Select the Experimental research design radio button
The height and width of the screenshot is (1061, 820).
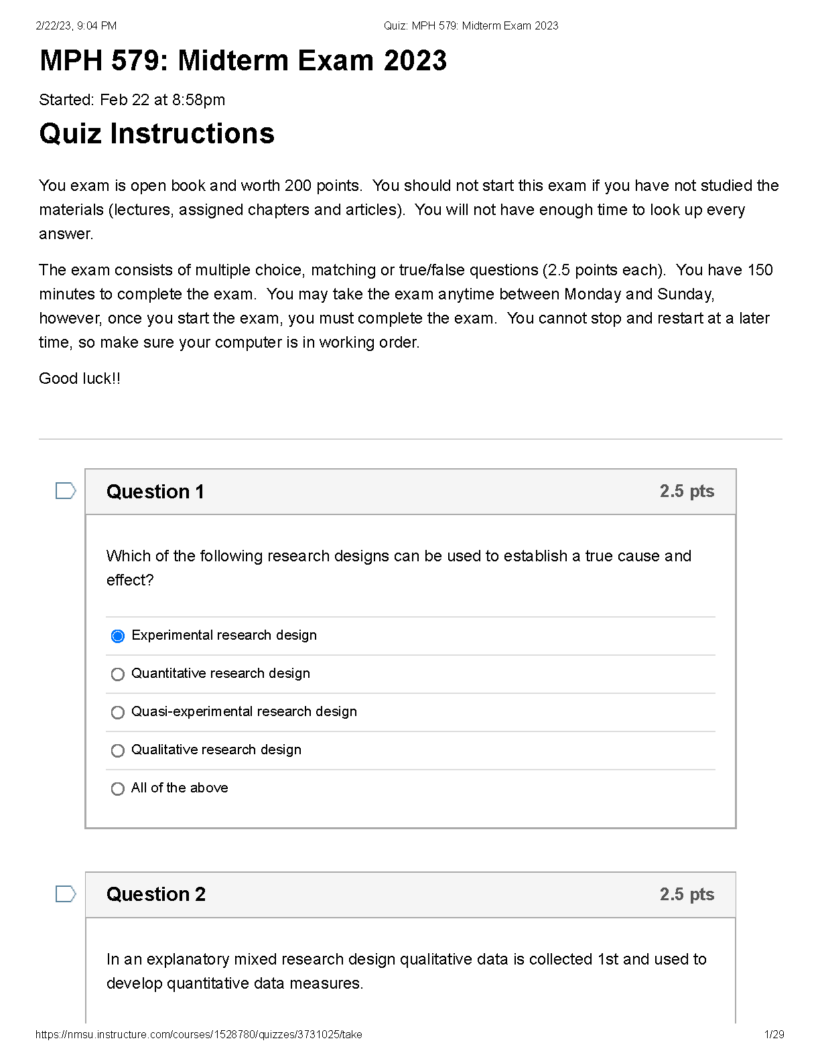click(x=118, y=636)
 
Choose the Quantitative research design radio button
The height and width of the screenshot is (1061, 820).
click(x=118, y=674)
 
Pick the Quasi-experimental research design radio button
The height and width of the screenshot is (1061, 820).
click(x=118, y=712)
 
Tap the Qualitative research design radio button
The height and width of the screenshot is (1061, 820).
click(x=118, y=750)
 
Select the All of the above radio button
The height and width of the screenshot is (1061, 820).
click(x=118, y=788)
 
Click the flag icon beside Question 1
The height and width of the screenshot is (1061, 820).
click(x=65, y=491)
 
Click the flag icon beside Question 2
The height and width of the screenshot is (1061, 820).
click(x=65, y=894)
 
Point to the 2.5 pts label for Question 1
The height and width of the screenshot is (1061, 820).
click(x=687, y=491)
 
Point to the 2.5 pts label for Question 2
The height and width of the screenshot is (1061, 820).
click(x=687, y=894)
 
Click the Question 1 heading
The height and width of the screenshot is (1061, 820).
click(x=155, y=492)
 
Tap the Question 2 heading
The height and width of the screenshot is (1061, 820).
click(x=156, y=894)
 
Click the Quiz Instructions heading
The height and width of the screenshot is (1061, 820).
click(x=157, y=133)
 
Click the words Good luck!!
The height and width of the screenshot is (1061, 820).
click(x=80, y=378)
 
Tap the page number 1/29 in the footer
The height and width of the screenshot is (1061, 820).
click(x=774, y=1034)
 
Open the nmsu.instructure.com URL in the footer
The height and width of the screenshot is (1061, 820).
click(x=199, y=1034)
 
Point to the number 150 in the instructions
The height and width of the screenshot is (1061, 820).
click(x=760, y=270)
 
